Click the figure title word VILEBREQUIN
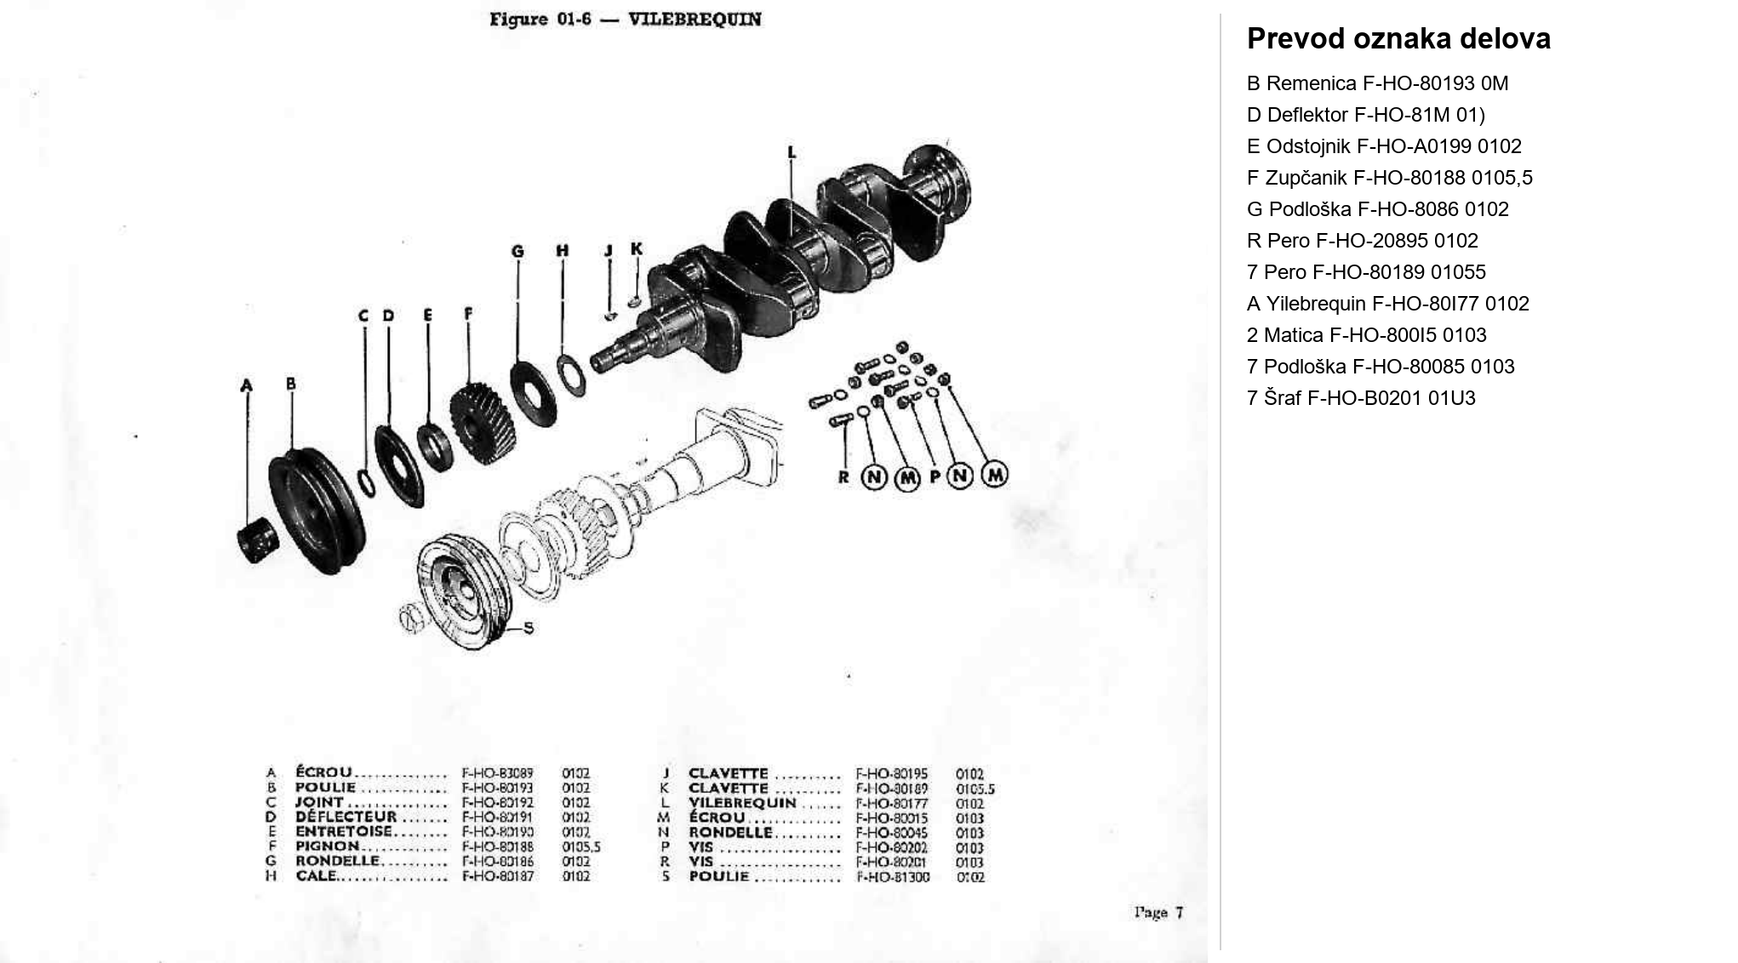click(x=694, y=20)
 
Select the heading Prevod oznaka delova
click(x=1398, y=39)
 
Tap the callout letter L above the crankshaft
click(x=792, y=153)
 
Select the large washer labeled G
click(x=534, y=394)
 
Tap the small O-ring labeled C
click(x=366, y=481)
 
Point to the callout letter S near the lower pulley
click(x=529, y=628)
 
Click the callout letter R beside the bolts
click(x=843, y=477)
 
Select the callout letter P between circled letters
click(x=935, y=477)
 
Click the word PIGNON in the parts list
click(x=328, y=846)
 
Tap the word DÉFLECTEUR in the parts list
click(x=346, y=817)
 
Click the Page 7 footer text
click(x=1158, y=913)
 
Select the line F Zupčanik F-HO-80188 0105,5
click(x=1389, y=178)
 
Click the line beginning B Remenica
click(x=1376, y=83)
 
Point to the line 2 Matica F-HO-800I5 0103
click(x=1366, y=335)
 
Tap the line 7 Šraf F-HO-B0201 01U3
click(x=1360, y=398)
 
